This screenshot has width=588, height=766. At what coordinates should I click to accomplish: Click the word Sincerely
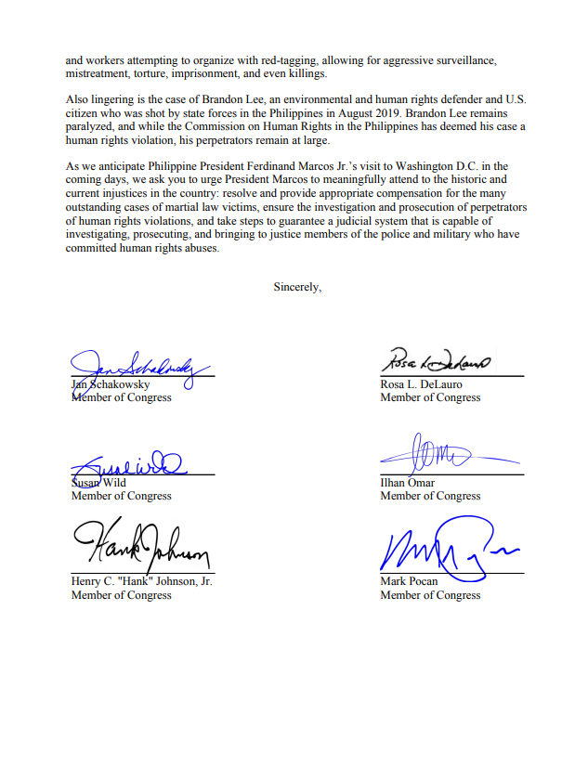[297, 287]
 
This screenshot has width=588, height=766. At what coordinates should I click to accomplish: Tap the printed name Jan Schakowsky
[111, 384]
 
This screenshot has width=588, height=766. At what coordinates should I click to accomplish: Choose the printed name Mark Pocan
[409, 582]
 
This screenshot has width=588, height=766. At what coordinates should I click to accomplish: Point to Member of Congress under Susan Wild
[121, 496]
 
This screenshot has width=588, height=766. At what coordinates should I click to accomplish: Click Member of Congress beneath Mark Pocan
[430, 595]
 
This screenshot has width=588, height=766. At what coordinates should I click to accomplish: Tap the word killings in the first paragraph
[307, 73]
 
